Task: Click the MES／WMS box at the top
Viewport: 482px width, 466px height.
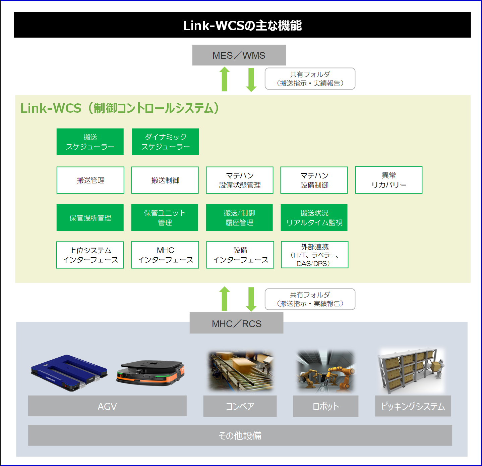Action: (x=239, y=55)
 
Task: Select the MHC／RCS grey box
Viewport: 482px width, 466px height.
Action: (x=236, y=323)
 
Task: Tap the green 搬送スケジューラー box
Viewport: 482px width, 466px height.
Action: (x=90, y=142)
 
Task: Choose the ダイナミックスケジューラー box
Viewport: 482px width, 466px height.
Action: (x=165, y=142)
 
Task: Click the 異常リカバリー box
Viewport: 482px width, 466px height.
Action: (x=388, y=180)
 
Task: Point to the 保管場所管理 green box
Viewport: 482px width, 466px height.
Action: (x=90, y=218)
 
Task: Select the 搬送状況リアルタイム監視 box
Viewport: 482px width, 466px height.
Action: (x=314, y=218)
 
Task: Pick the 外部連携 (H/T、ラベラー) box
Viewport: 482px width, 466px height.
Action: (x=314, y=255)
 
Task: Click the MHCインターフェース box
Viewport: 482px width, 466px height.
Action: (x=165, y=255)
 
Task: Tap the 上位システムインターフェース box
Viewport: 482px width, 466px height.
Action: (x=90, y=255)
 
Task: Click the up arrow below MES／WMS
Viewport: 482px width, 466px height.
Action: (x=225, y=79)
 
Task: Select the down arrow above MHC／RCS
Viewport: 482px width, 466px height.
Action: (x=251, y=299)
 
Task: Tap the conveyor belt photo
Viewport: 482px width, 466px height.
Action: (x=240, y=371)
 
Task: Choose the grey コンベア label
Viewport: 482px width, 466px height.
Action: (x=240, y=406)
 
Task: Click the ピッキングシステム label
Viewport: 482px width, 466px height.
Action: (x=413, y=406)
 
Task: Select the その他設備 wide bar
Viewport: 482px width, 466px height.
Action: (x=240, y=435)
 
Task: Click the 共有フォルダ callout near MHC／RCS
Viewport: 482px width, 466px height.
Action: (x=310, y=299)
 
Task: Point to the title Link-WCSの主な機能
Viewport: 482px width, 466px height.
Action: (x=242, y=26)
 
